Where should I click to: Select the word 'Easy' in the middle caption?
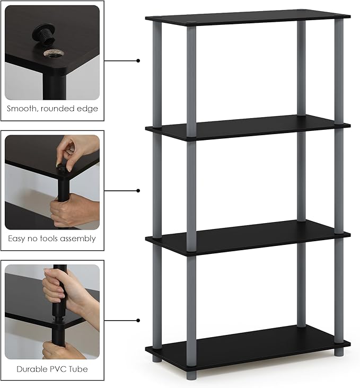[x=18, y=239]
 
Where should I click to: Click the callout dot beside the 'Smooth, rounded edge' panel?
[x=138, y=60]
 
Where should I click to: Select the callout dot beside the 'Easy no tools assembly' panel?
[x=138, y=190]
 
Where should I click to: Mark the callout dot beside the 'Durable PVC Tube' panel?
[x=138, y=320]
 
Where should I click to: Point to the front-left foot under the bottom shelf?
[x=157, y=358]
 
